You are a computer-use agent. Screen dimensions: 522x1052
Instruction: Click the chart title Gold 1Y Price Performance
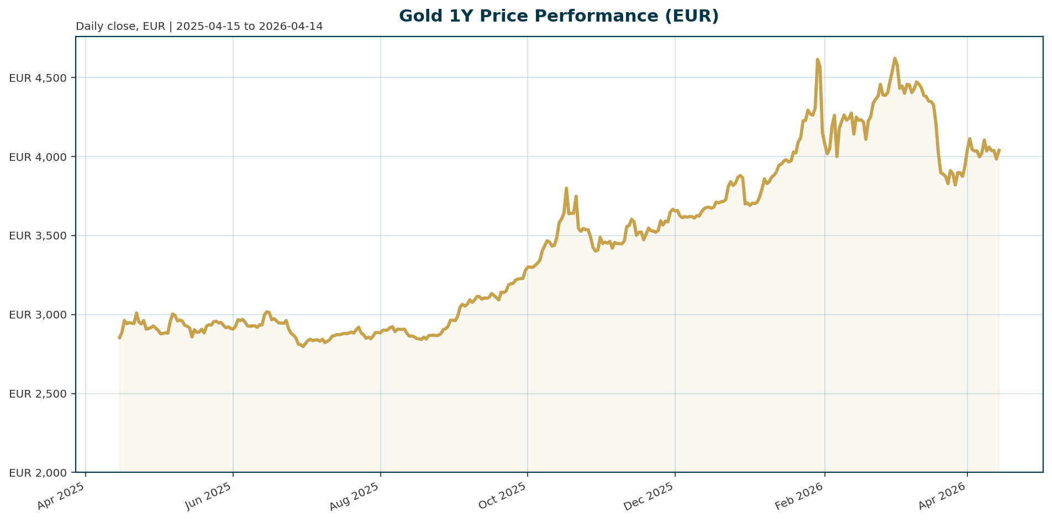coord(559,16)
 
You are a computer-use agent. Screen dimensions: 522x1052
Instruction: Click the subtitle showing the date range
coord(199,27)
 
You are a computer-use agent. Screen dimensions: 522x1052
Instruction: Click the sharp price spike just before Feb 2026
coord(817,59)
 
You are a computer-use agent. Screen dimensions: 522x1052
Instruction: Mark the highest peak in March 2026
coord(895,58)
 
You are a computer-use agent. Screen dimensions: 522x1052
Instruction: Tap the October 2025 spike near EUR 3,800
coord(566,188)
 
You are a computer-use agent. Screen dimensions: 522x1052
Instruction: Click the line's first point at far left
coord(119,338)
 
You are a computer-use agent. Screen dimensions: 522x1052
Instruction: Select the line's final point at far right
coord(999,149)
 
